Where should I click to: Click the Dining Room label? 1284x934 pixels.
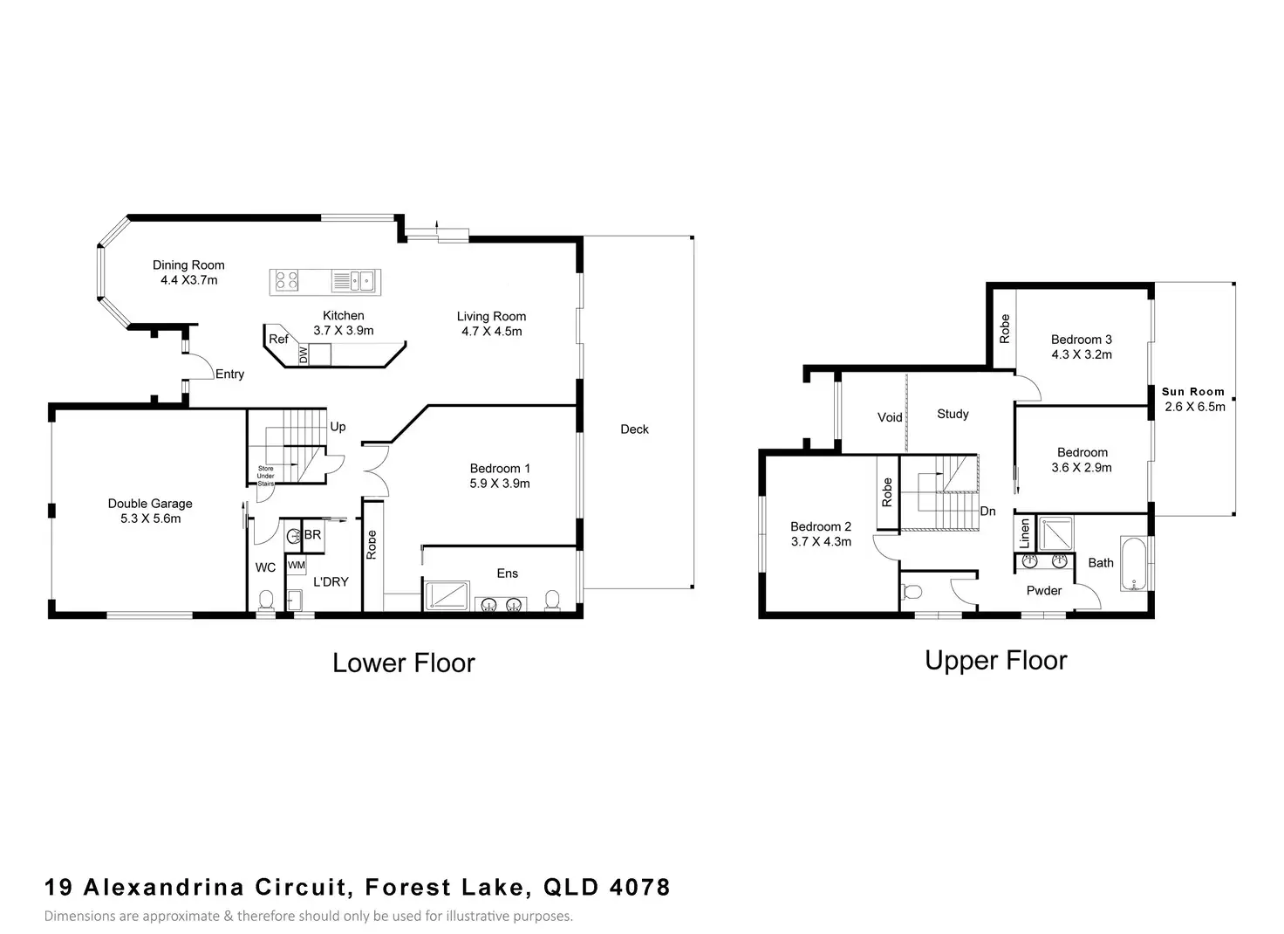point(188,265)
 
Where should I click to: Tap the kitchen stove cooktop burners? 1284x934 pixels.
point(287,280)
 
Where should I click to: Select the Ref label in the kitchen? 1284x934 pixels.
point(278,339)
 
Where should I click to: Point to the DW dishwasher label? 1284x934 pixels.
point(304,354)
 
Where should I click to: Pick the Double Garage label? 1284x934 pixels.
point(150,504)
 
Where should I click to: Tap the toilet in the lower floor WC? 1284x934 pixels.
point(265,601)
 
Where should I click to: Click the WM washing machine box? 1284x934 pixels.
point(297,565)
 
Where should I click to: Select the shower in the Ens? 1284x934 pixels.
point(447,596)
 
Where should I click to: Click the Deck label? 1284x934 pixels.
point(634,429)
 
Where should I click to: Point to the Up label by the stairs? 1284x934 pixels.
point(338,427)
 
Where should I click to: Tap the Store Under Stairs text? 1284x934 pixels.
point(265,477)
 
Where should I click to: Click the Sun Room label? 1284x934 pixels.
point(1193,392)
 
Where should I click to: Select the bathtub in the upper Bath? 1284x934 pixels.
point(1134,563)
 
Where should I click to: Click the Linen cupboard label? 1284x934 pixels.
point(1025,533)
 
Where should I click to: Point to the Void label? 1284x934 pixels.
point(890,417)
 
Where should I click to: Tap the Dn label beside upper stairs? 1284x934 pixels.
point(987,512)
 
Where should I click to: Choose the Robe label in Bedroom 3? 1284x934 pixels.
point(1004,329)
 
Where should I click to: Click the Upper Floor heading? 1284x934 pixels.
point(995,660)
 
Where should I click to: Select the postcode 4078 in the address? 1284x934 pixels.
point(639,887)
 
